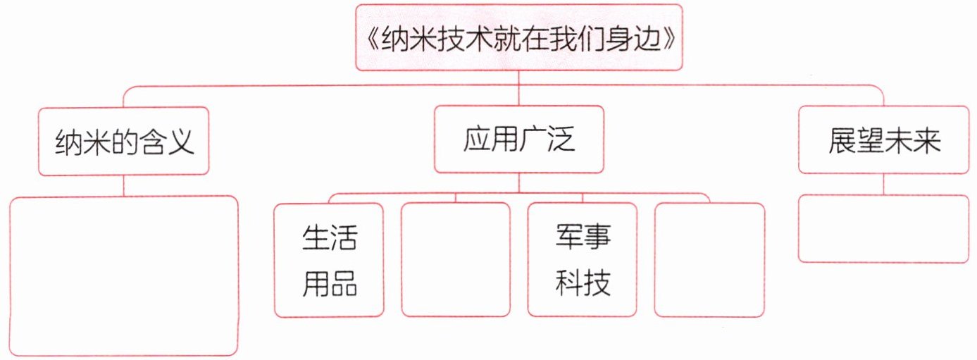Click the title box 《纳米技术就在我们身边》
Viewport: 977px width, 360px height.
(x=518, y=37)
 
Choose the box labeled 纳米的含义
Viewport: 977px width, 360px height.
(x=123, y=141)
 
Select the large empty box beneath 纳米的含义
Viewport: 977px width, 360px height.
(x=123, y=275)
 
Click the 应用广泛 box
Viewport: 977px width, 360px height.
(x=519, y=139)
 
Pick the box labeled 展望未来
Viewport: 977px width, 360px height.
(x=884, y=139)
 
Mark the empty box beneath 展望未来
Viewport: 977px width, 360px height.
(x=884, y=229)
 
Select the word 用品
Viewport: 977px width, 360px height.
(x=329, y=283)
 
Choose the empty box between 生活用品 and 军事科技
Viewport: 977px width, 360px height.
(x=455, y=259)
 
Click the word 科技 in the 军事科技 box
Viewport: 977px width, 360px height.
(x=583, y=283)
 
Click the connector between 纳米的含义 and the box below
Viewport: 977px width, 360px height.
(x=123, y=185)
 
